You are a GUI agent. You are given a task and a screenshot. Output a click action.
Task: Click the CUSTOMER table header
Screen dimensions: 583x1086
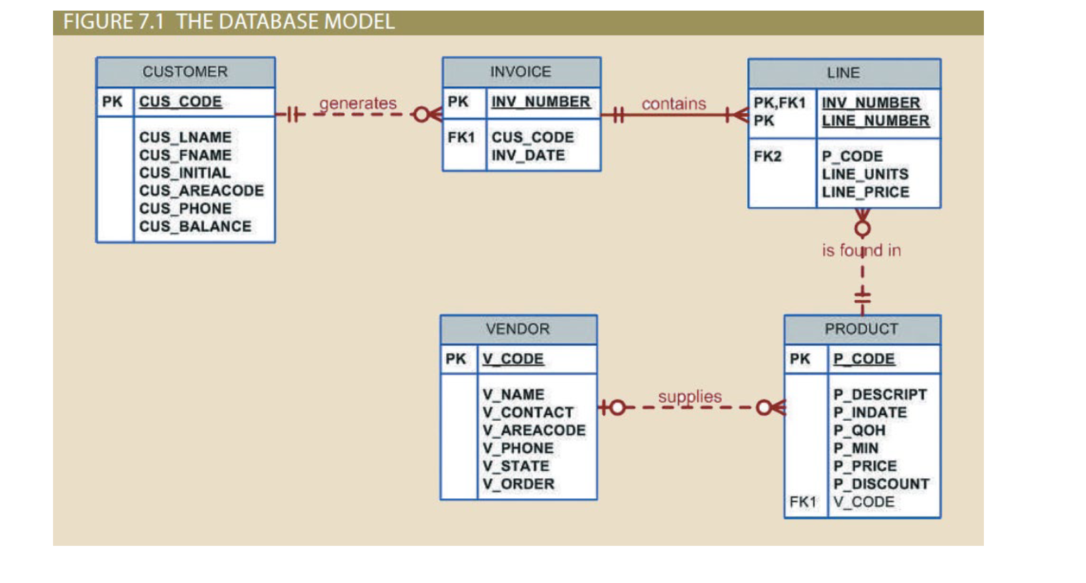(x=185, y=72)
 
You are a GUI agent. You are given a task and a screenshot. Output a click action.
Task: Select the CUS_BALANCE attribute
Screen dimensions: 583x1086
(x=195, y=227)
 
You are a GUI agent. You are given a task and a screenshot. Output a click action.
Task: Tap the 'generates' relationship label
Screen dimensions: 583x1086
(x=357, y=103)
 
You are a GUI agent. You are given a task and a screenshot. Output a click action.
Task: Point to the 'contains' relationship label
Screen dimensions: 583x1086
(x=674, y=104)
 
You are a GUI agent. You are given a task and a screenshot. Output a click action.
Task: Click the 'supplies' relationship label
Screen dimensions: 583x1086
(x=690, y=397)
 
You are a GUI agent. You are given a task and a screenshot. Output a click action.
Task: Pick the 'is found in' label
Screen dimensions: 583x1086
(x=861, y=250)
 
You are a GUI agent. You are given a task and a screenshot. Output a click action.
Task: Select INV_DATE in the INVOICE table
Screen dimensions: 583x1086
(x=528, y=156)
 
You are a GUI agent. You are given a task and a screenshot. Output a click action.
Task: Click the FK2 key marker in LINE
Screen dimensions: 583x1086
(x=767, y=156)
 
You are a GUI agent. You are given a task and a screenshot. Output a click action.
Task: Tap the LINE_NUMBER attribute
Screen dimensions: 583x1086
(x=875, y=121)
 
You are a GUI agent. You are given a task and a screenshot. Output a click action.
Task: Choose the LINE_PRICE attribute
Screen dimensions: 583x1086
(x=865, y=192)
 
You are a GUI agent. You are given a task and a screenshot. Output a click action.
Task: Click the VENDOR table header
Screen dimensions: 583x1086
(x=518, y=329)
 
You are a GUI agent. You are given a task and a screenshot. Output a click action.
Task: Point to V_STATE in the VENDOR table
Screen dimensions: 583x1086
(x=516, y=466)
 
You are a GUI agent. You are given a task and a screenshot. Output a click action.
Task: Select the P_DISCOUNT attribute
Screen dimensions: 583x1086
(x=881, y=484)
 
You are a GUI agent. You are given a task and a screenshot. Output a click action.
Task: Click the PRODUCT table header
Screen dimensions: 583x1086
(x=861, y=329)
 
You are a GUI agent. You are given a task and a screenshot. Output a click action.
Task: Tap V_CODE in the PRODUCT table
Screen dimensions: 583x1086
(x=864, y=502)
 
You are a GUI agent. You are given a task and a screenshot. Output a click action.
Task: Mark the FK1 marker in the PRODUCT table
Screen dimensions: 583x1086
(x=802, y=502)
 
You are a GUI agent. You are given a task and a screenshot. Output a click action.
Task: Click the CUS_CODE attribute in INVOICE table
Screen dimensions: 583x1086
(x=532, y=138)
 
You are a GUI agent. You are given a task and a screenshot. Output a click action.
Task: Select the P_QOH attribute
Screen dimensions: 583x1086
(x=859, y=431)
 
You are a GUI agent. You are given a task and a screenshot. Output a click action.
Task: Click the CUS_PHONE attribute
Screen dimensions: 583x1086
(x=185, y=209)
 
